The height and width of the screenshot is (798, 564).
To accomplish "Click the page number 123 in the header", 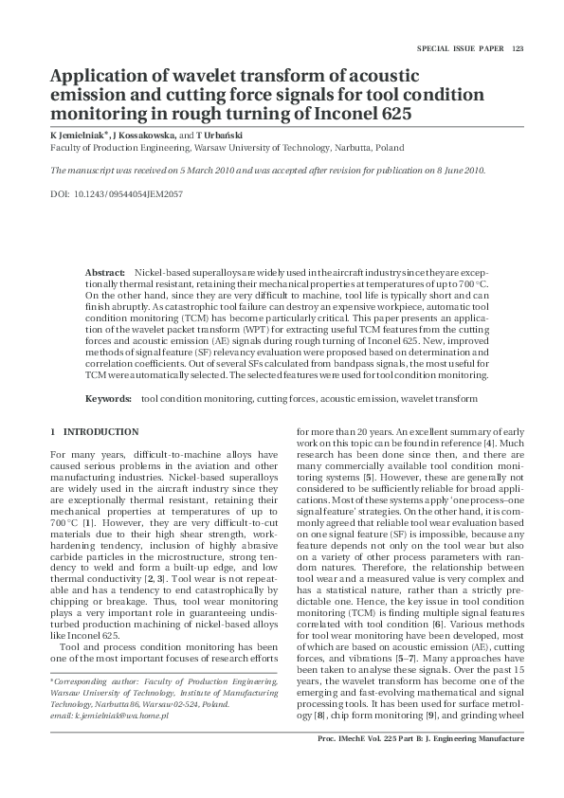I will pos(519,49).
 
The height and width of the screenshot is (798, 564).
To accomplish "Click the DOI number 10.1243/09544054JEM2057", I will pos(129,193).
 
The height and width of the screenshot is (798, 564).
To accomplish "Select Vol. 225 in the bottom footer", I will pos(388,764).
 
